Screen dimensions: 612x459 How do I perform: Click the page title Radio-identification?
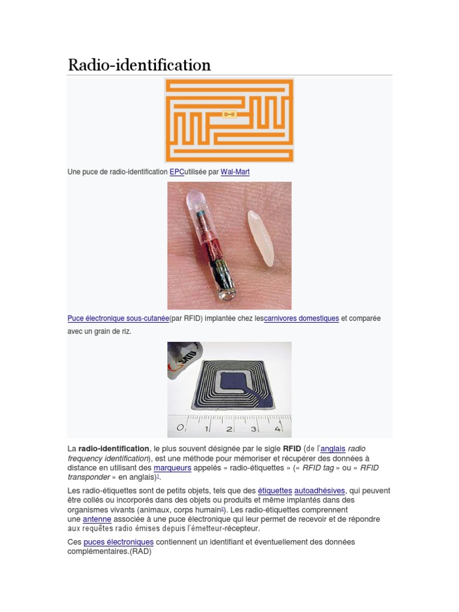139,65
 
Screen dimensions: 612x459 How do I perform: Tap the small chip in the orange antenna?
229,114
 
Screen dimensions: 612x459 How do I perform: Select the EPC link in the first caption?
176,172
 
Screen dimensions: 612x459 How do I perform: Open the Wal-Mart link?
235,172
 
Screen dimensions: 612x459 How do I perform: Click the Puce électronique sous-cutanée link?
118,319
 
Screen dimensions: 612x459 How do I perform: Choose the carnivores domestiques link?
301,319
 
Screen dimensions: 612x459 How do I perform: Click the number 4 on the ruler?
277,429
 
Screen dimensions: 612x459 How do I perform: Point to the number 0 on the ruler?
180,428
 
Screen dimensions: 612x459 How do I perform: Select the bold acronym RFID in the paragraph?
292,448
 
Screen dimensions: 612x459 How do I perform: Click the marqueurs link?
172,468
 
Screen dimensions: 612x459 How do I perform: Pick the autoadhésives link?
320,491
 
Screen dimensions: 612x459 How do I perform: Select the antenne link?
97,519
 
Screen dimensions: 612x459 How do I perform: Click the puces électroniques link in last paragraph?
118,542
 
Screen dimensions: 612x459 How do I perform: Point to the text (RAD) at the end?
139,552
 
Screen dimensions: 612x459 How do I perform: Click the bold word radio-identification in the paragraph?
114,448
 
